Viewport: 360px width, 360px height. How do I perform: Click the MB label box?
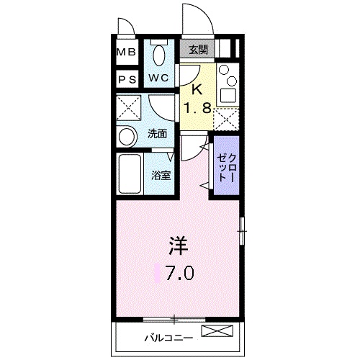click(126, 53)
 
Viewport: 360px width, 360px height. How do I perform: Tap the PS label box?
click(126, 78)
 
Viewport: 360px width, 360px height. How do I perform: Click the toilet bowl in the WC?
click(159, 54)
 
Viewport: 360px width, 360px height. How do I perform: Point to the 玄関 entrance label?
click(199, 50)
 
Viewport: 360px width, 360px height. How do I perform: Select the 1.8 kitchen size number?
click(197, 110)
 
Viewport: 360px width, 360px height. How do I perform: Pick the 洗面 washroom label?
click(158, 133)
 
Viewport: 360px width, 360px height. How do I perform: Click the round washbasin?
click(127, 136)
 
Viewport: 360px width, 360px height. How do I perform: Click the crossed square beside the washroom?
click(130, 110)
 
